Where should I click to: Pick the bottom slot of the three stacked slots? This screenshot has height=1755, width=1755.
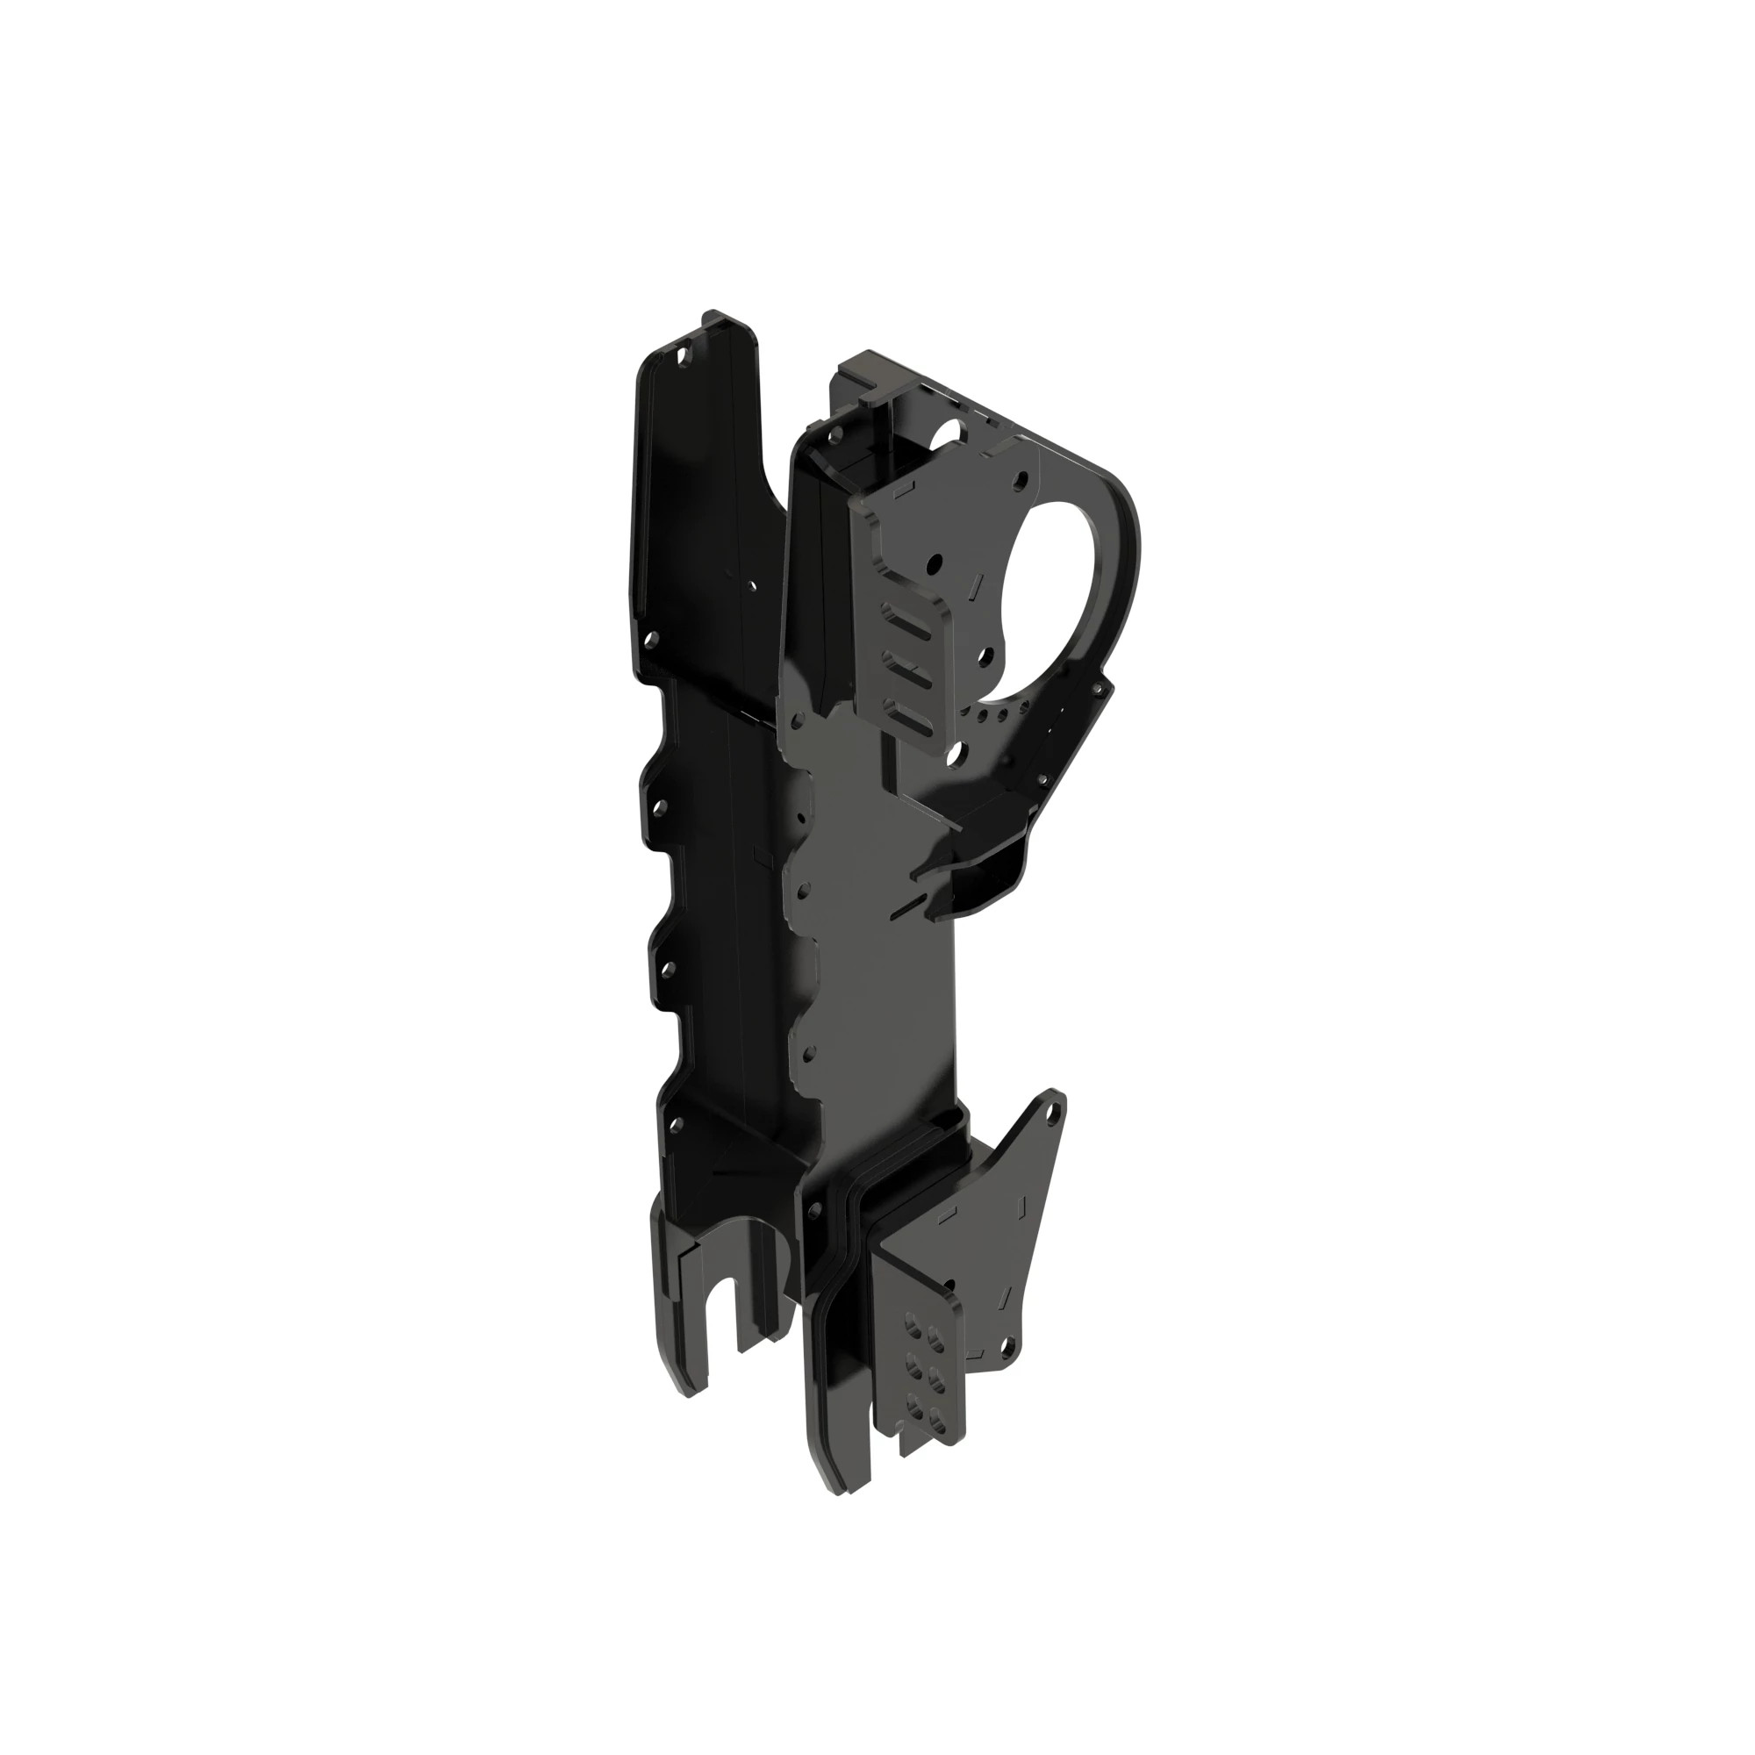click(x=909, y=721)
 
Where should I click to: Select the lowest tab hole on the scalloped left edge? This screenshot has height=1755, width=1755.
click(x=673, y=1125)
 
